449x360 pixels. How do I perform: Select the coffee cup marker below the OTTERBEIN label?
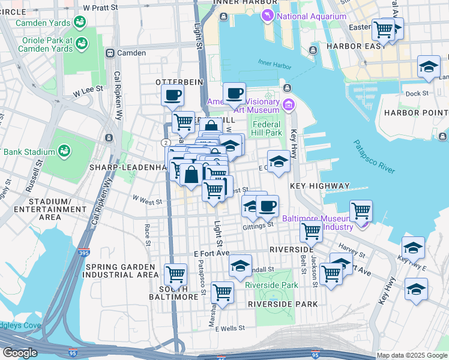click(x=172, y=95)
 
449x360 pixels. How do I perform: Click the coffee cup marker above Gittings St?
click(x=268, y=206)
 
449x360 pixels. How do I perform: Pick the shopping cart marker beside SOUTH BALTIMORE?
click(x=175, y=274)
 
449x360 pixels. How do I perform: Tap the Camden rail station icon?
click(x=110, y=53)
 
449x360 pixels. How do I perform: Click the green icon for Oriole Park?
click(x=82, y=43)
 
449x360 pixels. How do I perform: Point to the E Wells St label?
click(x=226, y=328)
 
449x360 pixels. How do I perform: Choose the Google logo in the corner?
click(x=20, y=353)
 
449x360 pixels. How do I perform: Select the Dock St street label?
click(x=417, y=94)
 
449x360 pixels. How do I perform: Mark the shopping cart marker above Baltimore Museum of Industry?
click(x=361, y=211)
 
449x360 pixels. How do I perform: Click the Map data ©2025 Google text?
click(x=412, y=355)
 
